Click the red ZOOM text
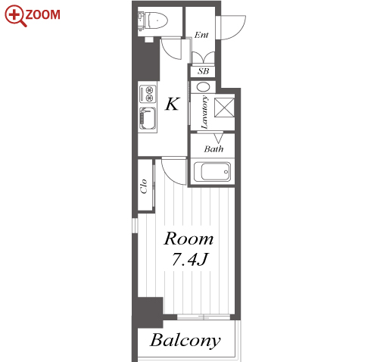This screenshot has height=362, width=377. tap(42, 14)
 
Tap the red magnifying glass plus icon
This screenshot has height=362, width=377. tap(15, 16)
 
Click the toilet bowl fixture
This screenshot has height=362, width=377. tap(153, 20)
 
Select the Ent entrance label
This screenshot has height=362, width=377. tap(201, 35)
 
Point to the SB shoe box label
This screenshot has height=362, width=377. tap(203, 71)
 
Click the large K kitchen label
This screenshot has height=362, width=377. tap(173, 104)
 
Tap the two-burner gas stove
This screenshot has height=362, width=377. tap(148, 94)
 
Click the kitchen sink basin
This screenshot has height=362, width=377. tap(148, 119)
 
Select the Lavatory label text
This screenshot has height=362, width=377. tap(204, 112)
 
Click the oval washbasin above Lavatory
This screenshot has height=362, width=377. tap(203, 87)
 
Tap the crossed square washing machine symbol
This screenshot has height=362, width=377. tap(224, 108)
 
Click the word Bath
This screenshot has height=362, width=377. tap(213, 149)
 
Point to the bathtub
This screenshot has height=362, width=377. tap(212, 172)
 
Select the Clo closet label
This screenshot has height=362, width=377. tap(144, 186)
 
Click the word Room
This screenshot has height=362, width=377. tap(188, 239)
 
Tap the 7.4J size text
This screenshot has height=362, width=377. tap(189, 259)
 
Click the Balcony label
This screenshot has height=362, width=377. tap(185, 341)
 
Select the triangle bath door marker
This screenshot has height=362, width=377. tap(219, 138)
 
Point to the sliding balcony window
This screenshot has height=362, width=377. tap(204, 317)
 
